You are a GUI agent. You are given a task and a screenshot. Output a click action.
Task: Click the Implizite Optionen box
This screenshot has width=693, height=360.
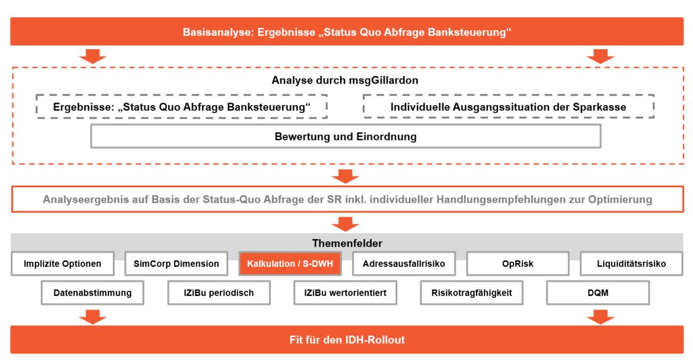[62, 263]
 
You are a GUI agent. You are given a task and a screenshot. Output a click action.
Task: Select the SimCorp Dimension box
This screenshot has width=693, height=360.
[176, 263]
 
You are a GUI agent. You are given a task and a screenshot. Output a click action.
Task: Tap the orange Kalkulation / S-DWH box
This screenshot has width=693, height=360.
[290, 263]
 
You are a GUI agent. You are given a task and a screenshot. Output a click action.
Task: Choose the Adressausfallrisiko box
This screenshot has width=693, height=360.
[404, 263]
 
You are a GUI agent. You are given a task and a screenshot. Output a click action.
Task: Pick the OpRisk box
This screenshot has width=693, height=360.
[518, 263]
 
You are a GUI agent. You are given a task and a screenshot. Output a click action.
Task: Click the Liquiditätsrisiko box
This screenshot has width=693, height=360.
[631, 263]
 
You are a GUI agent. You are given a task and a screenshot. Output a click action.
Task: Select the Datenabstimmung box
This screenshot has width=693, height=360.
[92, 293]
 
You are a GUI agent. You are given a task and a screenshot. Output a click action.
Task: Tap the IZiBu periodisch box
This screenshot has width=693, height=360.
[219, 293]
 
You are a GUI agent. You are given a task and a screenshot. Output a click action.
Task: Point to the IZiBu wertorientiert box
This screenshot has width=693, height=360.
[345, 293]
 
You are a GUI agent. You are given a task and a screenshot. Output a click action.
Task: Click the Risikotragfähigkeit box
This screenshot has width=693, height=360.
[471, 293]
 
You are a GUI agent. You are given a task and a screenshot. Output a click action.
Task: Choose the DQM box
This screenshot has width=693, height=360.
[598, 293]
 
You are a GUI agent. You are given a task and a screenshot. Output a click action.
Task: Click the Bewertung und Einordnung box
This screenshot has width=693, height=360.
[346, 136]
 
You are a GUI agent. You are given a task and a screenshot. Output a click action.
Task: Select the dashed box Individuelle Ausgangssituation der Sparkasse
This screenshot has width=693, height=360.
[508, 107]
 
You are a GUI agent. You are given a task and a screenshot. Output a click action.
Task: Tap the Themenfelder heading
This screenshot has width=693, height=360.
[347, 243]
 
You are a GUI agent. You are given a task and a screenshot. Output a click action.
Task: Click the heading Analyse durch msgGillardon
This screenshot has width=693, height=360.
[345, 80]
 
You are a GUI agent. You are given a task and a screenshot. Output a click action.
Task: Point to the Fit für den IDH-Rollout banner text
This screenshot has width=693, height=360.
[347, 340]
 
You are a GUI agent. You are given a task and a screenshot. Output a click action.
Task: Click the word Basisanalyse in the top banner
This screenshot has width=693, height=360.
[218, 32]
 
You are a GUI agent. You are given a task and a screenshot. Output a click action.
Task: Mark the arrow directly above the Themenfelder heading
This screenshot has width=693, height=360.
[345, 224]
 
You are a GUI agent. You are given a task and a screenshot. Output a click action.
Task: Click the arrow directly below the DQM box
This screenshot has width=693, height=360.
[600, 317]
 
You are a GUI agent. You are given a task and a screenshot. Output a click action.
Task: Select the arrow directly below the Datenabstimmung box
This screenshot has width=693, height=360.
[93, 317]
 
